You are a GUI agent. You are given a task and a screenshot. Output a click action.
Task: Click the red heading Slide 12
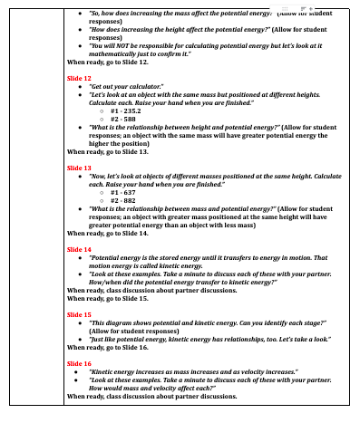click(x=80, y=79)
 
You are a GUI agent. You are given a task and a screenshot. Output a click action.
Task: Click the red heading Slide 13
click(x=80, y=168)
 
